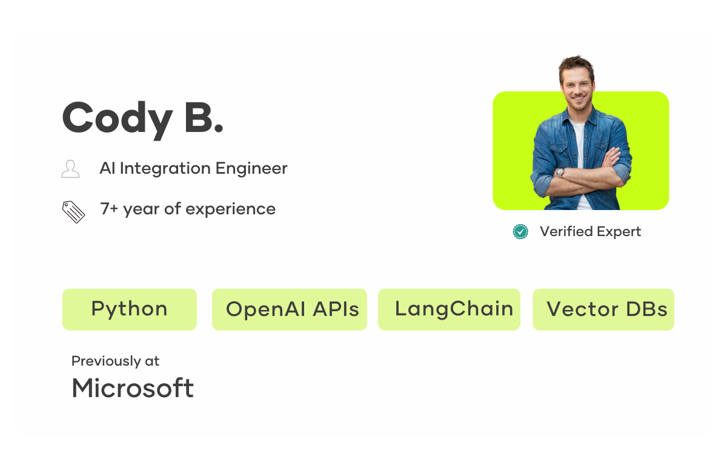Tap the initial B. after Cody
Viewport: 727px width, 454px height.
pos(204,117)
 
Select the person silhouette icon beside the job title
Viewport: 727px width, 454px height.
pos(70,169)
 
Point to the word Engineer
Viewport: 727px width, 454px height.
pos(251,169)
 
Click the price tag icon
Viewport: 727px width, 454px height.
pos(73,212)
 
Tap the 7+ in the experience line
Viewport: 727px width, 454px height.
pos(109,208)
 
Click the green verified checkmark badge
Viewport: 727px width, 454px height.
pos(520,231)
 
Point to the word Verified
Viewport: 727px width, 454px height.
pos(566,231)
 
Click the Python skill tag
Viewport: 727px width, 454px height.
pos(130,309)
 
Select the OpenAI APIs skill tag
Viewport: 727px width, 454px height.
pos(290,309)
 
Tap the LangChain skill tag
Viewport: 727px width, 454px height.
pos(449,309)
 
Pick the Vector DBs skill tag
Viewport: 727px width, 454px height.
pos(603,309)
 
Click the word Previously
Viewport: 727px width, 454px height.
pos(106,361)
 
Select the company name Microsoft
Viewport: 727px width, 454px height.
pos(133,388)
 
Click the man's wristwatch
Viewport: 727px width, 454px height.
pos(560,173)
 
